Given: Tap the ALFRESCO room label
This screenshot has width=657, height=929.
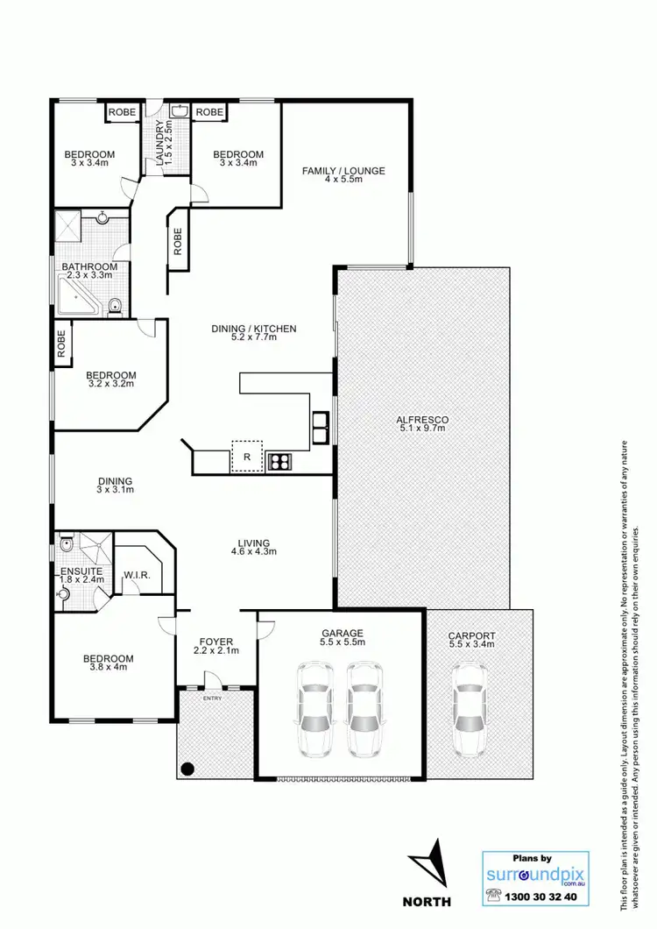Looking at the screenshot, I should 423,421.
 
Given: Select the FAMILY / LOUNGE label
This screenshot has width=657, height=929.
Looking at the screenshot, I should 343,171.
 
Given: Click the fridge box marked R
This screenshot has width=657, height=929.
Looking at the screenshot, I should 247,457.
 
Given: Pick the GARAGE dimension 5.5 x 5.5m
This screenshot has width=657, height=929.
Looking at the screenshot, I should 343,643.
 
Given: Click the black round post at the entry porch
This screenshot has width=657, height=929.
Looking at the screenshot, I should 187,769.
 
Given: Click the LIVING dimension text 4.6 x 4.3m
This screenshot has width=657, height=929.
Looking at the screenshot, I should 253,552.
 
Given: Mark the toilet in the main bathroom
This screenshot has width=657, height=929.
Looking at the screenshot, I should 115,306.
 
